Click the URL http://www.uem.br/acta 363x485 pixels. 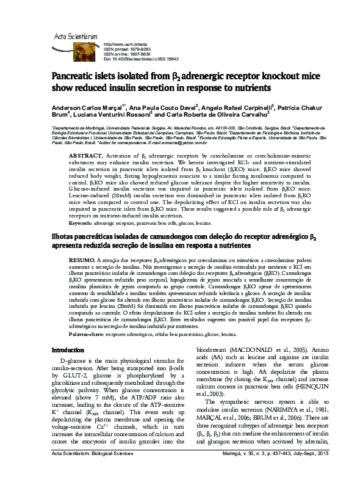tap(126, 45)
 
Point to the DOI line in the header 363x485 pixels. tap(141, 59)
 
